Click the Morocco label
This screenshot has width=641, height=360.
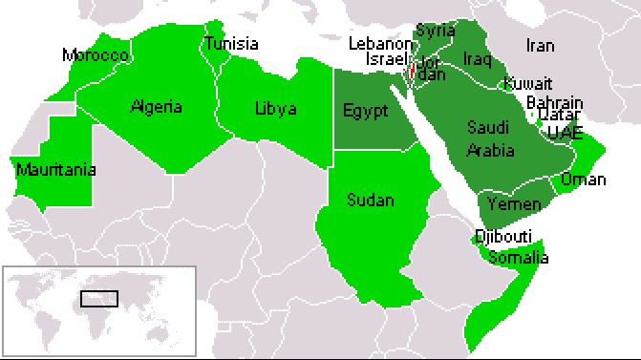click(x=95, y=55)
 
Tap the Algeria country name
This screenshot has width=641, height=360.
click(x=157, y=106)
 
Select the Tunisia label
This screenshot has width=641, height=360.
click(x=232, y=44)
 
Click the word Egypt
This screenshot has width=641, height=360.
click(x=365, y=111)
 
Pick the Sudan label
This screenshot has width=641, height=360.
click(x=370, y=201)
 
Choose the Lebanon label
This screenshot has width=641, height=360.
click(x=378, y=44)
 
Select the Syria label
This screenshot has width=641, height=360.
click(x=436, y=31)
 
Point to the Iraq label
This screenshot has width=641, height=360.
click(x=477, y=59)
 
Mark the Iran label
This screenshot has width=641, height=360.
click(x=541, y=45)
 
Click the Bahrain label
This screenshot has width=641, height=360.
click(x=555, y=101)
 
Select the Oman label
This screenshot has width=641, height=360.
click(x=584, y=179)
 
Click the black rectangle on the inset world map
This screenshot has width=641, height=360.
click(x=99, y=298)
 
